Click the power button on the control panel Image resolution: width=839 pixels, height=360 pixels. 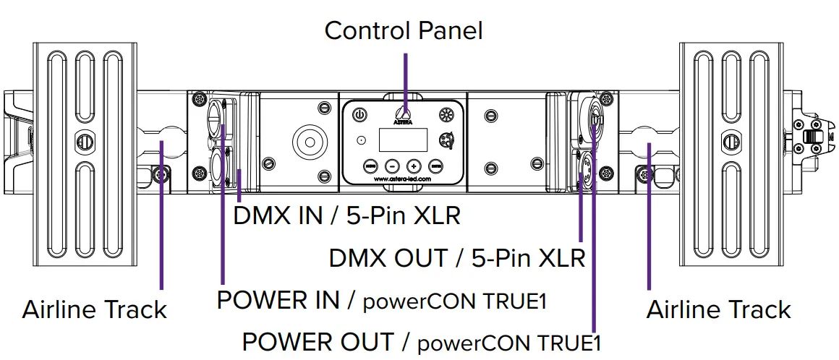[x=360, y=114]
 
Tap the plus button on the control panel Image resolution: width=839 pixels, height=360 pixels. [x=413, y=164]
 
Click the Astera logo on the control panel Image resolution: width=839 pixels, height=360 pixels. [x=404, y=115]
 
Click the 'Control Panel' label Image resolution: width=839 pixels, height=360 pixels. [x=403, y=30]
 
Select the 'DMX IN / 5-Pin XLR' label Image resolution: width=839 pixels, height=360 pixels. [x=346, y=215]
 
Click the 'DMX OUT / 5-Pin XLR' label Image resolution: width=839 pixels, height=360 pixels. [x=457, y=257]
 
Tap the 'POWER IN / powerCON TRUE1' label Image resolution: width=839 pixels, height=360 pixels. [x=381, y=300]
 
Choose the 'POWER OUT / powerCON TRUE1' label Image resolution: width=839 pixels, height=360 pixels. [x=422, y=341]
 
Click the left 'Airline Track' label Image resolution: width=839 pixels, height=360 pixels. [x=95, y=309]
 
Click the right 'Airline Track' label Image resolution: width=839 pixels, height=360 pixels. [x=718, y=309]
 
